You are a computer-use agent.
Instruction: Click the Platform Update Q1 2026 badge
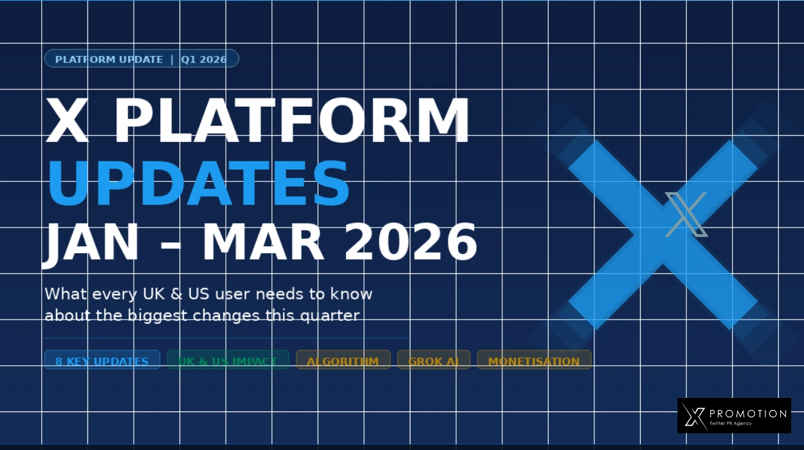pyautogui.click(x=142, y=59)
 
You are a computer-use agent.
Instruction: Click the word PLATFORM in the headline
pyautogui.click(x=291, y=121)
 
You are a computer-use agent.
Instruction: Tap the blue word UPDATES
pyautogui.click(x=198, y=183)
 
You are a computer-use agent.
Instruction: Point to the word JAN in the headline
pyautogui.click(x=90, y=243)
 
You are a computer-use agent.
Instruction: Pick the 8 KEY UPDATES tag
pyautogui.click(x=102, y=361)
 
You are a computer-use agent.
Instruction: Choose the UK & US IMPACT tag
pyautogui.click(x=227, y=361)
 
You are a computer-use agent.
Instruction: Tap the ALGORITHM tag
pyautogui.click(x=343, y=361)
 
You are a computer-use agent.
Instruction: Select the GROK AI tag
pyautogui.click(x=434, y=361)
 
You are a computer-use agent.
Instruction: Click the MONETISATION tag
pyautogui.click(x=534, y=361)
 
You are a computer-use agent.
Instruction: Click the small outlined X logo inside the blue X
pyautogui.click(x=686, y=214)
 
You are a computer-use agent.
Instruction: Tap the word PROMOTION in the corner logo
pyautogui.click(x=747, y=413)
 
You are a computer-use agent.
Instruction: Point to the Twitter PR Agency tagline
pyautogui.click(x=730, y=424)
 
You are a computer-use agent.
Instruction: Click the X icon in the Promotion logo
pyautogui.click(x=693, y=416)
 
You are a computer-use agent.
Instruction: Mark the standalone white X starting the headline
pyautogui.click(x=67, y=121)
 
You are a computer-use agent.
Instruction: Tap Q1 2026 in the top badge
pyautogui.click(x=203, y=59)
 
